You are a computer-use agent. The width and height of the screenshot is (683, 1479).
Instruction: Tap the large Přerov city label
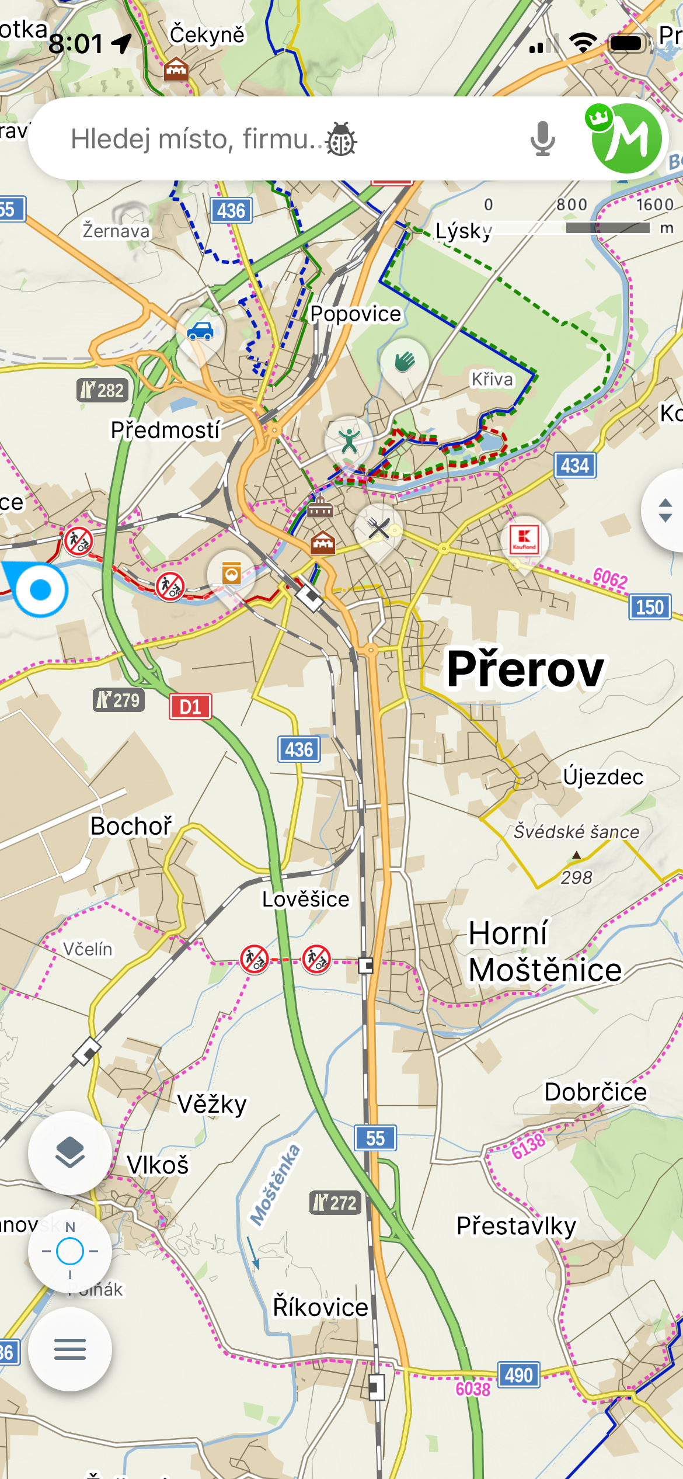tap(525, 669)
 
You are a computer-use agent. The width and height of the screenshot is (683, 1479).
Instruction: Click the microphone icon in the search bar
tap(542, 139)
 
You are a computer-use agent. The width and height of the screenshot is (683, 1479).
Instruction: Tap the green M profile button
tap(626, 138)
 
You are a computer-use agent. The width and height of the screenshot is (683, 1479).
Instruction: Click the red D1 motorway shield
tap(190, 707)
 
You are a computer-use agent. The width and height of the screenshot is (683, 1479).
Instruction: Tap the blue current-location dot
tap(40, 589)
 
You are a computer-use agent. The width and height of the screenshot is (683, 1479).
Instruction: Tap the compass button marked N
tap(70, 1251)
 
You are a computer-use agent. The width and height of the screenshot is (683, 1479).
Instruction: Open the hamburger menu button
tap(70, 1349)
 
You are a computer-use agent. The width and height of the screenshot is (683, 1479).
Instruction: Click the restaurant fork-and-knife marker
tap(378, 529)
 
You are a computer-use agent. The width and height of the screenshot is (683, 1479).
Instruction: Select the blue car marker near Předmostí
tap(200, 331)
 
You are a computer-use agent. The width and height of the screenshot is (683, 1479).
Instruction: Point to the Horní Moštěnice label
tap(544, 952)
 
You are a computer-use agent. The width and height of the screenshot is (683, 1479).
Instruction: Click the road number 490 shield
tap(518, 1375)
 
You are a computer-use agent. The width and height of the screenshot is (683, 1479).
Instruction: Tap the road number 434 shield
tap(575, 466)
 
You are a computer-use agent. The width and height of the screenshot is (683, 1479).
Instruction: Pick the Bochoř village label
tap(131, 826)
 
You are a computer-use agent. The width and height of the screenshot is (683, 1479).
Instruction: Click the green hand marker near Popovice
tap(404, 362)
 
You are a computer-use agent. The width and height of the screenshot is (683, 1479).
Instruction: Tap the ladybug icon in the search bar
tap(341, 139)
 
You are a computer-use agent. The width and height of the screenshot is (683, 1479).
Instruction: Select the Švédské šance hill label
tap(576, 832)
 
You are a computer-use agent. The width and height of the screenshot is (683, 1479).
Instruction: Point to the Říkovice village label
tap(320, 1307)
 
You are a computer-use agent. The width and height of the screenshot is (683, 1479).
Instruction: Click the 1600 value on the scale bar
tap(654, 204)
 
